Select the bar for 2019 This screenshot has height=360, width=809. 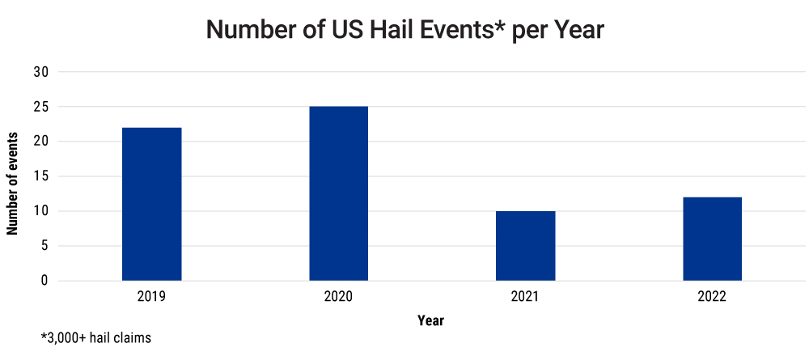click(152, 204)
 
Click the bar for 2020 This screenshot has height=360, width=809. click(339, 193)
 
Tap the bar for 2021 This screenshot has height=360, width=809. click(526, 246)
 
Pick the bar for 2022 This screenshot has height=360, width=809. click(713, 239)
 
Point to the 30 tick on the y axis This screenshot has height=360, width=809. click(41, 72)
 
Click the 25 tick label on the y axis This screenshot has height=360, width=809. click(41, 107)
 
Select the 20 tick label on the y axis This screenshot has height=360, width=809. click(41, 142)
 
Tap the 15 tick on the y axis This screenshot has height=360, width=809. click(41, 176)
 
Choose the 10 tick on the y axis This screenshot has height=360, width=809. click(41, 211)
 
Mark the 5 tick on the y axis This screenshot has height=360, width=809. click(44, 246)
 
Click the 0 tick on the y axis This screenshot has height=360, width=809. click(44, 281)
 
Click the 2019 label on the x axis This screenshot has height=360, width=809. click(152, 297)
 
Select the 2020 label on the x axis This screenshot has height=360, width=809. click(339, 297)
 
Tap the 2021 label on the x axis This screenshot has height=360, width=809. click(526, 297)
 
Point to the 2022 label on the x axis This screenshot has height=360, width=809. click(713, 297)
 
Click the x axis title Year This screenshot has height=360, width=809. click(430, 321)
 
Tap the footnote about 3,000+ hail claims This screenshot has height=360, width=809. click(96, 338)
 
